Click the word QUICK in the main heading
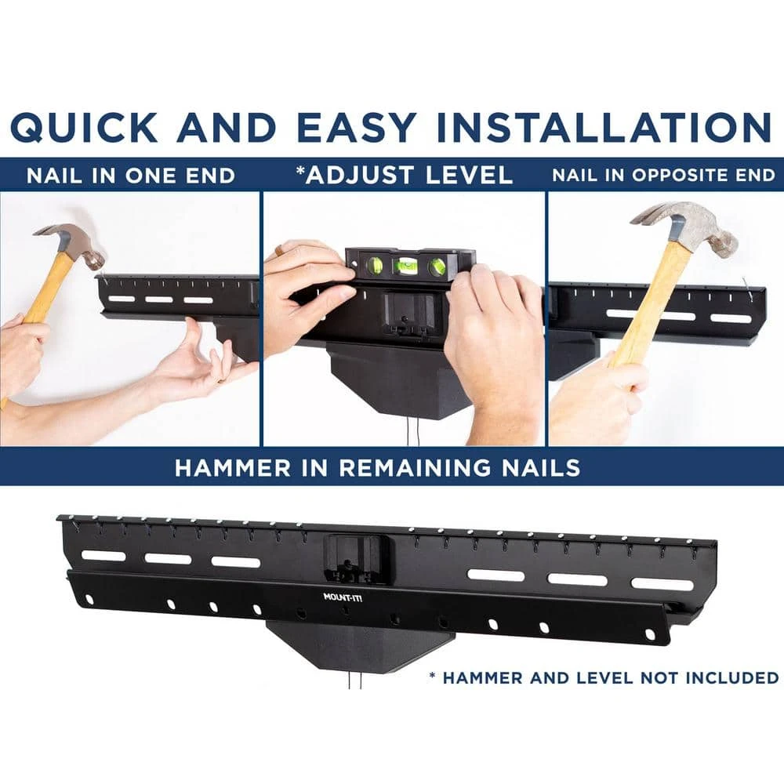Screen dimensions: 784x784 point(84,126)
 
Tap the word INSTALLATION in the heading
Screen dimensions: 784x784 point(604,126)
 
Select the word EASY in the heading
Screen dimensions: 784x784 point(355,126)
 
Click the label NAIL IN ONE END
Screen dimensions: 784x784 point(130,176)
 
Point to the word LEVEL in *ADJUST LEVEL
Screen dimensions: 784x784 point(470,175)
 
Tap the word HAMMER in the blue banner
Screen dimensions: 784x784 point(233,468)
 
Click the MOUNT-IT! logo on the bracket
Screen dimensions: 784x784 point(343,597)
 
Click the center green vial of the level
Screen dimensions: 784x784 point(405,266)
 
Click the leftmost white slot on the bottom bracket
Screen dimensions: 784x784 point(103,556)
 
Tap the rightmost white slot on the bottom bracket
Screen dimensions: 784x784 point(662,584)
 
